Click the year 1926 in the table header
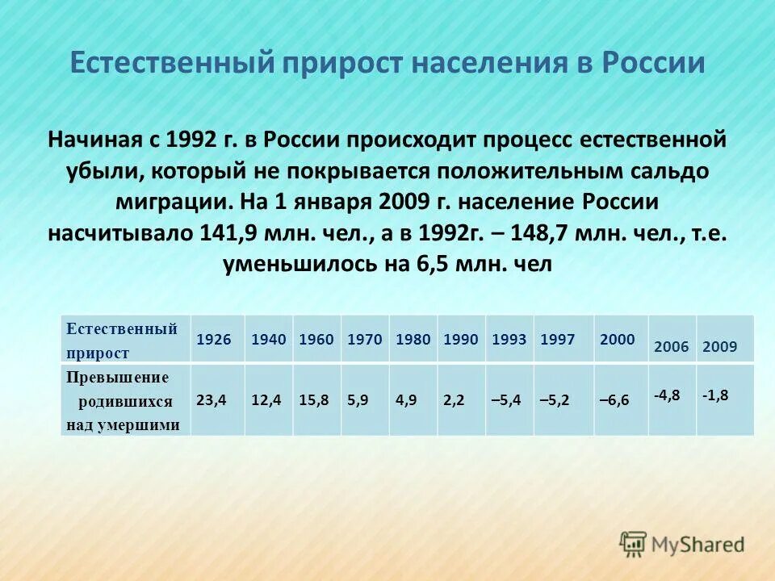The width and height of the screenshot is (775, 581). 213,340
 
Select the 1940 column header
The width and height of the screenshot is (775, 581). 269,340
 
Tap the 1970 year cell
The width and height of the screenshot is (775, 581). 364,340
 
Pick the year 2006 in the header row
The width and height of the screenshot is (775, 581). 671,347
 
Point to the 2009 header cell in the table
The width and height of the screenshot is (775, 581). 719,347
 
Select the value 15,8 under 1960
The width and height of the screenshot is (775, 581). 313,400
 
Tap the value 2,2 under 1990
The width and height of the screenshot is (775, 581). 454,400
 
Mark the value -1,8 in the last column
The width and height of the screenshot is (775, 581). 714,395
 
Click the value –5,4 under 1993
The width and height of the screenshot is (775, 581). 507,400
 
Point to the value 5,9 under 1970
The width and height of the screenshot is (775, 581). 358,400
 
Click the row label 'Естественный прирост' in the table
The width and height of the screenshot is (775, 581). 122,341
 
